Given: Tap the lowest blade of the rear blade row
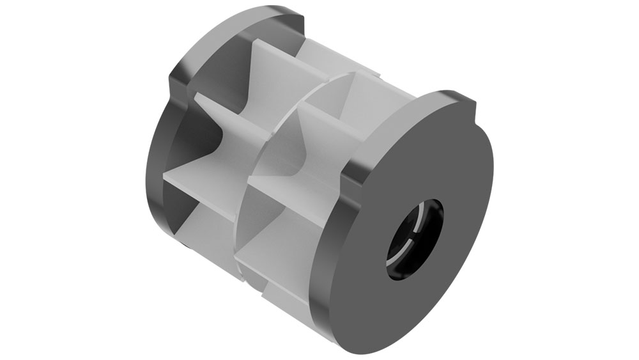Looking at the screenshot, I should [x=204, y=224].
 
